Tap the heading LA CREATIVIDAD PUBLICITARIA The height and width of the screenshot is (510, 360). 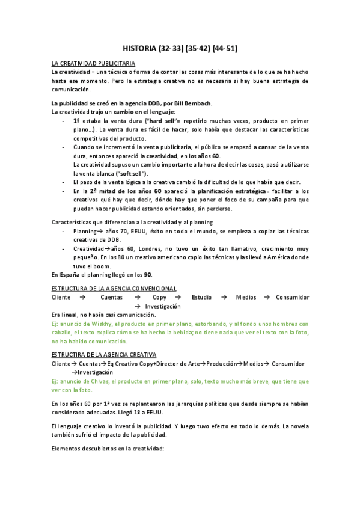tap(93, 63)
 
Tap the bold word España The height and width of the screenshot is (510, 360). tap(69, 274)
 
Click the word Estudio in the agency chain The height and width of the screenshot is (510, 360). tap(201, 297)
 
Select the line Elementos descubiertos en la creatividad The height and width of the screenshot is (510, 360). tap(108, 449)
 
